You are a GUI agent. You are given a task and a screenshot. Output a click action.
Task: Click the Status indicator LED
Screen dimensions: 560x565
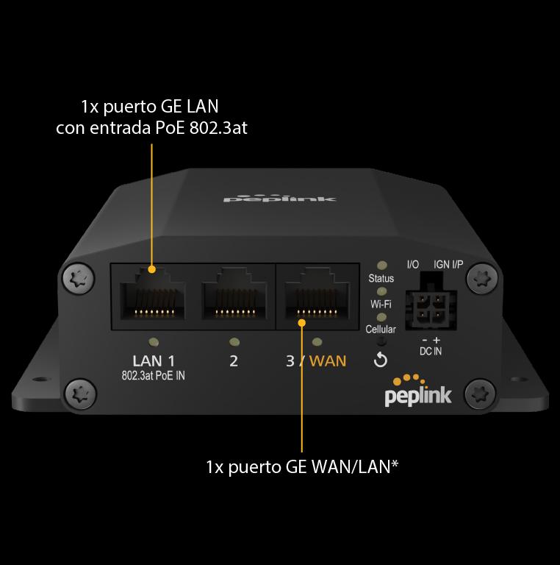382,266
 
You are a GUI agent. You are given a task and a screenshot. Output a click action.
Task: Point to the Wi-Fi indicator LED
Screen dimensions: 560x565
381,291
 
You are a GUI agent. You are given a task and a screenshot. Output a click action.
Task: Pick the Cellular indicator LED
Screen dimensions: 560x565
381,317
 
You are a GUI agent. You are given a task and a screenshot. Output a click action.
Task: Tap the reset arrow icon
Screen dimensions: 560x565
381,360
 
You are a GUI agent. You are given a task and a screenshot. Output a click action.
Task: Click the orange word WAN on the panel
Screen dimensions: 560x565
328,360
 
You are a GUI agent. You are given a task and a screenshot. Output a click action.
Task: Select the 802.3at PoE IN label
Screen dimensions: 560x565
154,376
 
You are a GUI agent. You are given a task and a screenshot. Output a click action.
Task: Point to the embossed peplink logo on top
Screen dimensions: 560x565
280,198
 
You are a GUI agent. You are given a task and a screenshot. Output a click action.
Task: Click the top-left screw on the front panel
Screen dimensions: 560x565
78,278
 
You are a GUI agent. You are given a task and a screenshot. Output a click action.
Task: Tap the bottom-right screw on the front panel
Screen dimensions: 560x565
480,394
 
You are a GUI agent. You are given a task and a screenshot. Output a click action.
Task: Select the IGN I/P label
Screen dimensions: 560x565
448,265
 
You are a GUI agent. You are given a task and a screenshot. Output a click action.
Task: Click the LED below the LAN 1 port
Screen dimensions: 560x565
154,342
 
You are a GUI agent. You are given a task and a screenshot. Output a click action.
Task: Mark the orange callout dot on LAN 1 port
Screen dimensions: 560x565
152,269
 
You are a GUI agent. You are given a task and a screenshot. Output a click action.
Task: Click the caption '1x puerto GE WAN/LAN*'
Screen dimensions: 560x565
302,467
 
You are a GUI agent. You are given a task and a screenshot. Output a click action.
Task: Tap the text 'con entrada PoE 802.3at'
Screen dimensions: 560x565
151,127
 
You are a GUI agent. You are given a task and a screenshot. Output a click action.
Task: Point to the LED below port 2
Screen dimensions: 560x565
234,341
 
